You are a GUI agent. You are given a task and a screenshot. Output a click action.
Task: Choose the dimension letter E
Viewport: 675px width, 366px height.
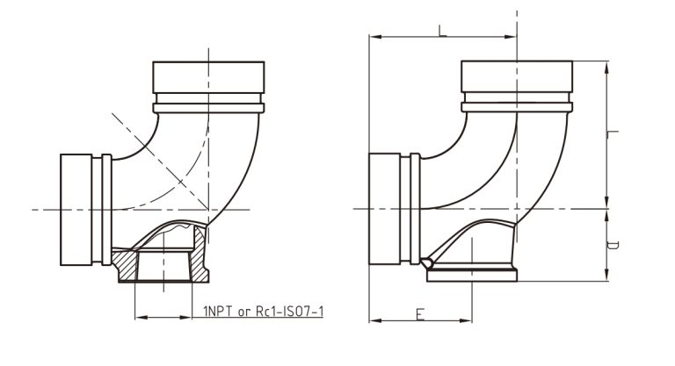click(420, 314)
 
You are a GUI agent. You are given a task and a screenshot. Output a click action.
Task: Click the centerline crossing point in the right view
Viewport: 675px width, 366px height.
click(517, 209)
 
